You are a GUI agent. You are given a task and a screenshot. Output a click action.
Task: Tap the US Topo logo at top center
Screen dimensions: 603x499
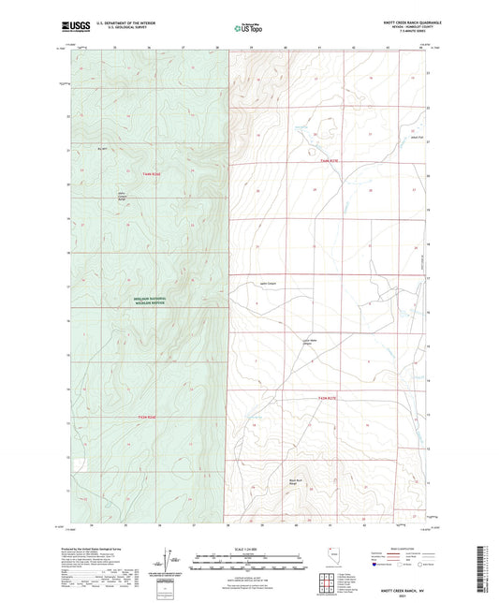248,28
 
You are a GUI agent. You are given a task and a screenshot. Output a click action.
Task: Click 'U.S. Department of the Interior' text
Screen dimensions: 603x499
129,24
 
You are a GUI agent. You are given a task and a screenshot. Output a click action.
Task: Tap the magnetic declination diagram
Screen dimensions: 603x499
170,565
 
